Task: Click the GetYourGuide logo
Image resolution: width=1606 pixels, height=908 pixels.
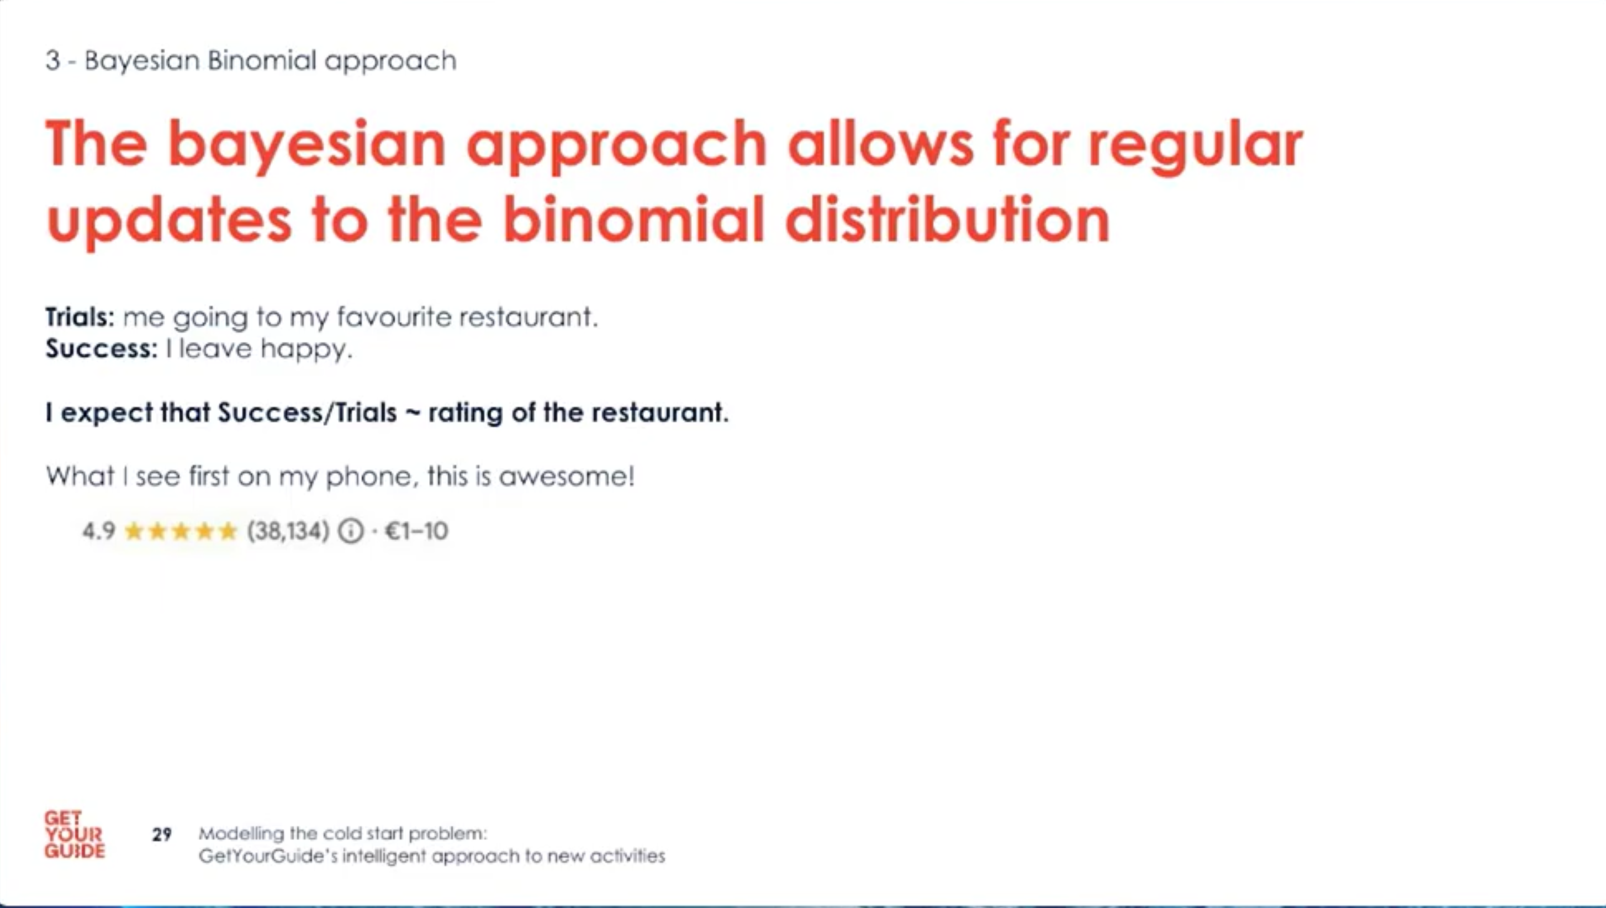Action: pos(74,835)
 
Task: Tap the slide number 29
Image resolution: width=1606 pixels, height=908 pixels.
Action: pos(161,835)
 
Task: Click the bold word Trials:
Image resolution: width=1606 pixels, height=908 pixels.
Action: pos(80,317)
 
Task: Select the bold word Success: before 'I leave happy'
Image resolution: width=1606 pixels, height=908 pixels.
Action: pos(102,348)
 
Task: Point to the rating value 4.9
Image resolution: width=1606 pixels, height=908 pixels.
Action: pos(98,531)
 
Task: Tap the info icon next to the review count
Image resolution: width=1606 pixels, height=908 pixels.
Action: pos(350,531)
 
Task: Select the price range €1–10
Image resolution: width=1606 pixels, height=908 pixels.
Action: pos(416,531)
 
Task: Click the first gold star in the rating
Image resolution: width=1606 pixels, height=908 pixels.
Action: pos(135,531)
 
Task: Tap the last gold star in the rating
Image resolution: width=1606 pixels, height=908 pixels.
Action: pos(228,531)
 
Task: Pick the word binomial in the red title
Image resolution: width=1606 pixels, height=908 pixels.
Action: pos(633,219)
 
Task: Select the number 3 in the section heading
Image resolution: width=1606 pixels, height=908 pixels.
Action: pos(53,61)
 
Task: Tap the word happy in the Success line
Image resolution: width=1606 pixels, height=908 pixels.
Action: pos(306,349)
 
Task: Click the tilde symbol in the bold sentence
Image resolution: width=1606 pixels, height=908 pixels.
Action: pos(412,413)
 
